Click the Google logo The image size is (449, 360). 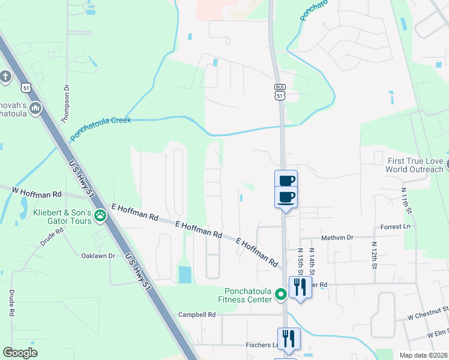(20, 353)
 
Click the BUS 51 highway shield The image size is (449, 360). (280, 92)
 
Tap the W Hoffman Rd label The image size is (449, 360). (37, 192)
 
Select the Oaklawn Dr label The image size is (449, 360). (98, 256)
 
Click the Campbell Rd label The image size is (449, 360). (196, 314)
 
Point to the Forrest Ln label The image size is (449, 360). (395, 227)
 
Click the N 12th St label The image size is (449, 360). (374, 255)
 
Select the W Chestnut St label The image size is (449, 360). (427, 313)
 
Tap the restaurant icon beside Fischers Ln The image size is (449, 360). (289, 339)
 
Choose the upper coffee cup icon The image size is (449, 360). (286, 181)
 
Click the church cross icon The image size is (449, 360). (5, 77)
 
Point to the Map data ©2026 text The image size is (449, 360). (423, 355)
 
